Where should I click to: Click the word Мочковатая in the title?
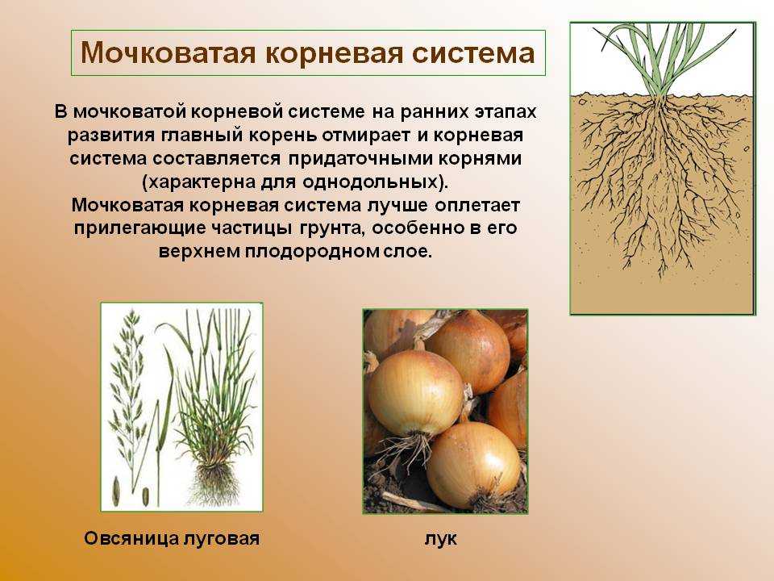point(168,52)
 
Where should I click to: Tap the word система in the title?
point(473,53)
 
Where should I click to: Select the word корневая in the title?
point(334,54)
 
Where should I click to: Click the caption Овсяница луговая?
point(172,538)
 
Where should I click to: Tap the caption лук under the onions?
point(441,539)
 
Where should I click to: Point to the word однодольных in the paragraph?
point(370,182)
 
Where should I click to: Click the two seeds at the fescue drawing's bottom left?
point(131,492)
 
